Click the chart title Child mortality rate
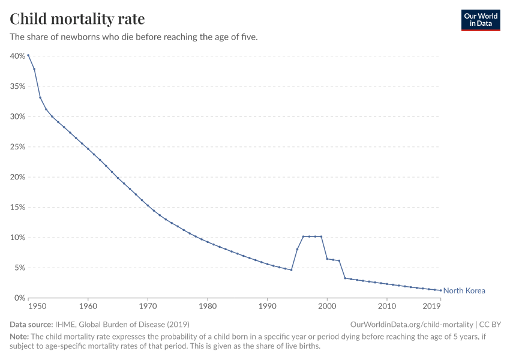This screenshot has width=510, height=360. pos(77,19)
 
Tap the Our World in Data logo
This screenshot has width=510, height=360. pos(480,20)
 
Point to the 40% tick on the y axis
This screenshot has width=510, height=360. pos(17,56)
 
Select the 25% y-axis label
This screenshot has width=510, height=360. pos(17,147)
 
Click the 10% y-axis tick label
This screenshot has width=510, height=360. pos(17,238)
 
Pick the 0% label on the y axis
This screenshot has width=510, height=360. pos(19,298)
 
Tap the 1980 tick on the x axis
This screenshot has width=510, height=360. pos(208,307)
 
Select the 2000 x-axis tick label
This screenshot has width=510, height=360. pos(327,307)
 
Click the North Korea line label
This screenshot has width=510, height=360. pos(464,291)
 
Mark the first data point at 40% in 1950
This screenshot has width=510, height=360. pos(28,55)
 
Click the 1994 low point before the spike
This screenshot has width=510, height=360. pos(291,270)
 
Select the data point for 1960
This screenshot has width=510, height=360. pos(88,149)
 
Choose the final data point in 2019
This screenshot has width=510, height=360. pos(440,290)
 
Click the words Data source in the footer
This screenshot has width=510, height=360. pos(31,324)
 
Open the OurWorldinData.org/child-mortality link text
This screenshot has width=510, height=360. pos(412,324)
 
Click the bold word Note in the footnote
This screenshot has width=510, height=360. pos(20,337)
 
